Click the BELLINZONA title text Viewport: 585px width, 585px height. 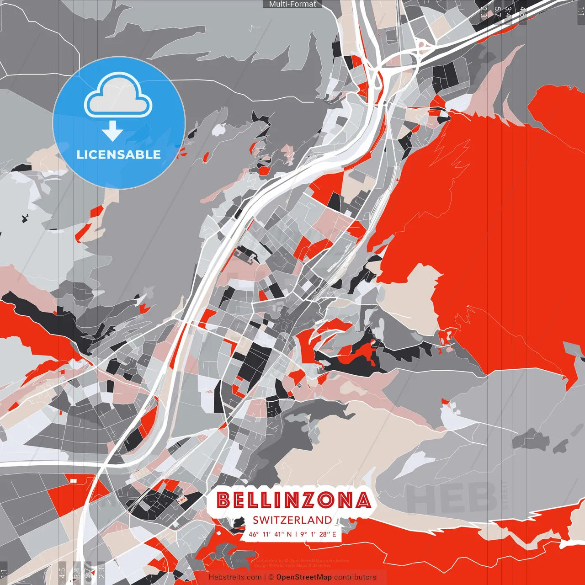[293, 500]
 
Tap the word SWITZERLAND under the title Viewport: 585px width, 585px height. [292, 520]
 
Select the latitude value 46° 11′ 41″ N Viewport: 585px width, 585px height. [270, 534]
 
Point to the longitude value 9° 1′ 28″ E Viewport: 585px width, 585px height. [318, 534]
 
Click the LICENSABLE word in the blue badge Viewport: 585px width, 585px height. [119, 154]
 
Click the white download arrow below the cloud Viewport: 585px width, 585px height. [112, 132]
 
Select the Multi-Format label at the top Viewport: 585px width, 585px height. [292, 4]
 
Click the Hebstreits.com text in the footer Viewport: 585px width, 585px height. [235, 577]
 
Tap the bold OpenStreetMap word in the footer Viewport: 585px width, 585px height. [304, 577]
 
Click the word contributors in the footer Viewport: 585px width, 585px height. [355, 577]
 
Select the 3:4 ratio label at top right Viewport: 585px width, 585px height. [508, 12]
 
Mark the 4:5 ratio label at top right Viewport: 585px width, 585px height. [522, 12]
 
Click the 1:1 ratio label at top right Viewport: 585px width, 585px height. [580, 11]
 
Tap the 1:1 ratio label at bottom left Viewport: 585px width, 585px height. [4, 573]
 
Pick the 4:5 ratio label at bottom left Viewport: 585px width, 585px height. [62, 573]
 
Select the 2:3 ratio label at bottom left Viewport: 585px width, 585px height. [101, 573]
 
